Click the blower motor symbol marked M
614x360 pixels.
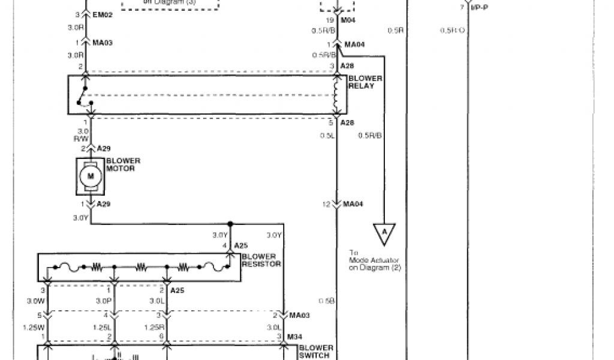point(91,176)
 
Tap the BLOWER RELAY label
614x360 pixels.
point(361,82)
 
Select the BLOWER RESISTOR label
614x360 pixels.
point(261,260)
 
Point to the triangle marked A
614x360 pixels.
point(384,232)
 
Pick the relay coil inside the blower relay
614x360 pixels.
point(337,95)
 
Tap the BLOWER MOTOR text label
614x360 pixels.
point(123,164)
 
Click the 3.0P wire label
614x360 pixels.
point(104,300)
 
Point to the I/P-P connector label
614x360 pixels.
point(477,7)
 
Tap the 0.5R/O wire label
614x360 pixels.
point(452,30)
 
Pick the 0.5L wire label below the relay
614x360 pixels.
point(326,135)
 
